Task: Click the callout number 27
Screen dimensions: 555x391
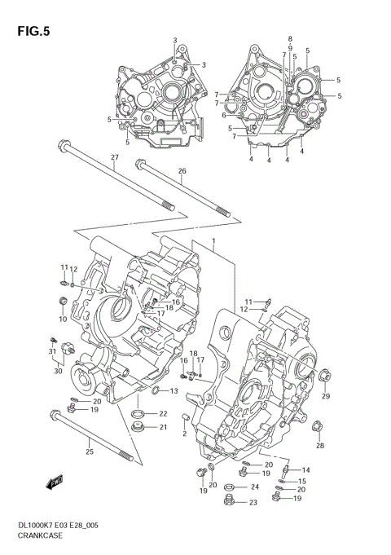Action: [x=115, y=156]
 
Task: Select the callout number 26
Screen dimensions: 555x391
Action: [x=182, y=171]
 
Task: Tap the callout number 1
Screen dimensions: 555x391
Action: [x=213, y=242]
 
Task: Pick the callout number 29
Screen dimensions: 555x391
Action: [x=326, y=396]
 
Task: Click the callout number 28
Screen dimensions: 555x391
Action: [x=320, y=445]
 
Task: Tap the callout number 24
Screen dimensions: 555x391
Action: [x=255, y=487]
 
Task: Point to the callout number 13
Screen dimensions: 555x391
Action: [x=174, y=391]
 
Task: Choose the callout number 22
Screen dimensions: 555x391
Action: [x=162, y=413]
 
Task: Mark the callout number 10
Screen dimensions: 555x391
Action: [x=62, y=319]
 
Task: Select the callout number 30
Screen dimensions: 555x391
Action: [x=58, y=371]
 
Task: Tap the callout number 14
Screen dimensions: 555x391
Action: [x=306, y=470]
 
